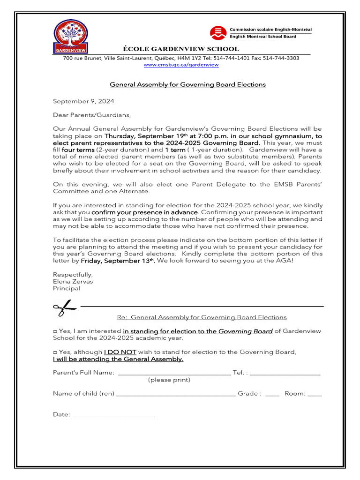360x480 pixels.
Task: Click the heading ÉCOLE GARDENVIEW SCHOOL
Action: [180, 49]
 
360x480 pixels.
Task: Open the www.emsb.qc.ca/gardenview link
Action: [181, 65]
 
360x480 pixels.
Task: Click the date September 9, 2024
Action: [83, 101]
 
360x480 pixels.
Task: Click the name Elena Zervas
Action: [73, 282]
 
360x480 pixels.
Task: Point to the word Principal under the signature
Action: [66, 289]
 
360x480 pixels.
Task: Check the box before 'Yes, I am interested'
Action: [55, 331]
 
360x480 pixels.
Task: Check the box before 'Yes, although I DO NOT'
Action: [55, 352]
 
